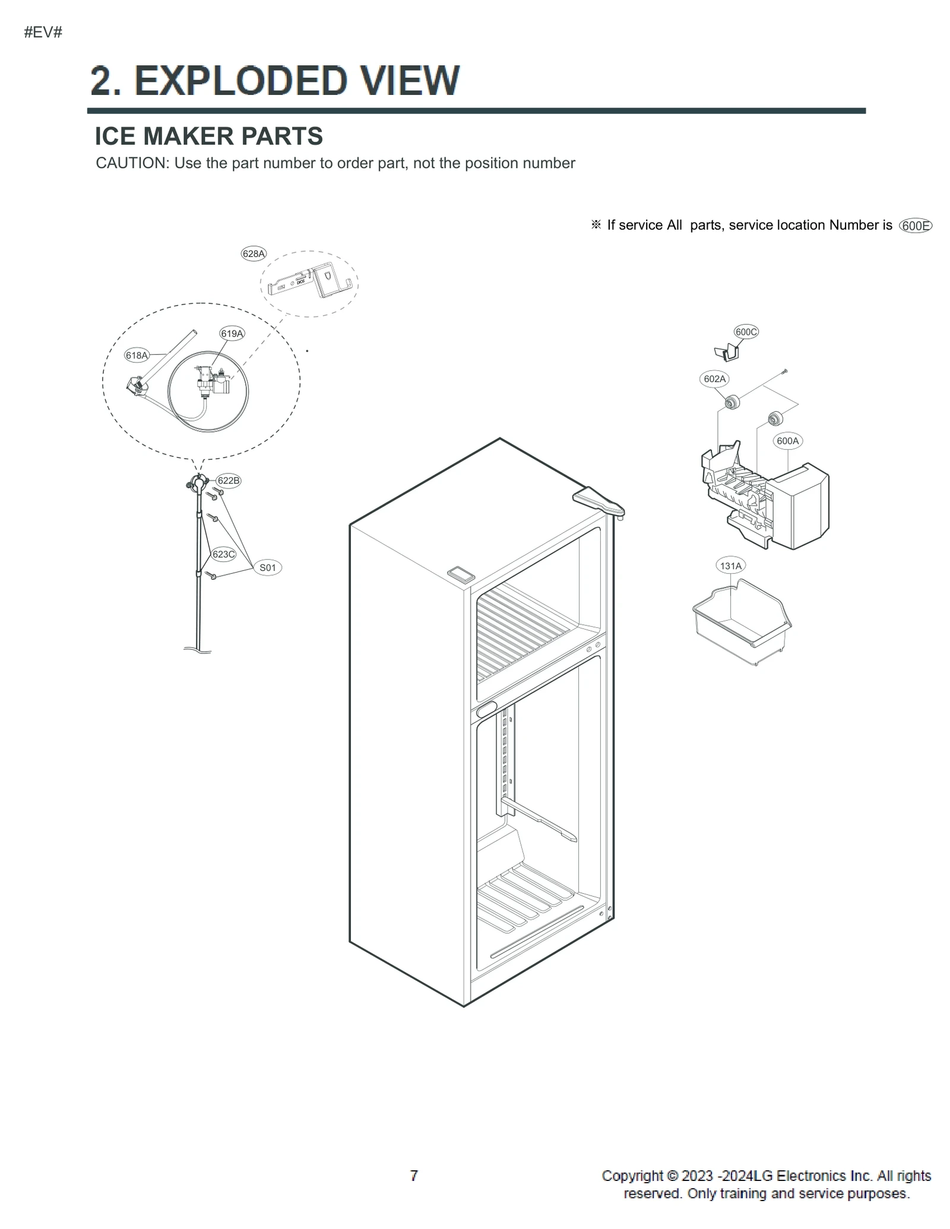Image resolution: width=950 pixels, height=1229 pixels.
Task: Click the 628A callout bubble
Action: point(254,254)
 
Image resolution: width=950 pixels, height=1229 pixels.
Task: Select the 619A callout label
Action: point(232,334)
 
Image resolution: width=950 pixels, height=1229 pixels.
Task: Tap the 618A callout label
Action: point(136,355)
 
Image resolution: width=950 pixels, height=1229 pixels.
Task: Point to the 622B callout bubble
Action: point(228,481)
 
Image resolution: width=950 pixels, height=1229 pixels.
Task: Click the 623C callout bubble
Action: point(223,554)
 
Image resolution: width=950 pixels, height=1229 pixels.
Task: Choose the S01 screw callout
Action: point(268,568)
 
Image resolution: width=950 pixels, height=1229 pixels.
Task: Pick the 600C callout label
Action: point(746,332)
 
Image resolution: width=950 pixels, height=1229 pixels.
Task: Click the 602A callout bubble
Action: point(714,379)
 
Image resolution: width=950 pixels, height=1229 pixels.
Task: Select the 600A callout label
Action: point(787,441)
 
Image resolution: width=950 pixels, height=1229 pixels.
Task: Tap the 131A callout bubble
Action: point(730,566)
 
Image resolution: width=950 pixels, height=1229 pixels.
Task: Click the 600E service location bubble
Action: point(916,226)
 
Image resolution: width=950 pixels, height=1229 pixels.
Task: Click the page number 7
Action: point(414,1176)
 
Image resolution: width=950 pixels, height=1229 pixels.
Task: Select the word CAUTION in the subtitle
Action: point(132,163)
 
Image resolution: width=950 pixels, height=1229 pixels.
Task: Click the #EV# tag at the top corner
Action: point(43,33)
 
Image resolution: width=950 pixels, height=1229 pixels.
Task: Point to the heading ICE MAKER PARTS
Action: point(208,136)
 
